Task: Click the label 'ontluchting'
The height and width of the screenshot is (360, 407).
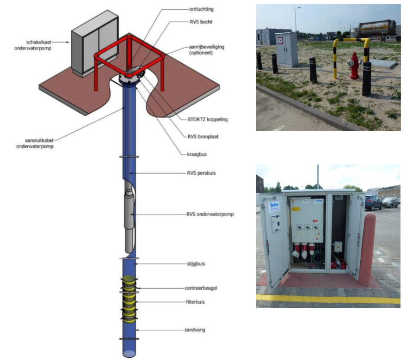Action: click(x=201, y=9)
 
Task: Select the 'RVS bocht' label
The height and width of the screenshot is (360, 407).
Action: click(x=201, y=22)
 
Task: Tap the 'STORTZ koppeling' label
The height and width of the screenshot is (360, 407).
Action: click(x=207, y=120)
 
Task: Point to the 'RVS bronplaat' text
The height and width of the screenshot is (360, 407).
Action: click(x=203, y=136)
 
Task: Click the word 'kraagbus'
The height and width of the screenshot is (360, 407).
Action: click(x=197, y=154)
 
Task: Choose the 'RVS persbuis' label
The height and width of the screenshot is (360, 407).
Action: click(x=201, y=173)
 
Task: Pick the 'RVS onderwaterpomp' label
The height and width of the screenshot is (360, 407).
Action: click(x=210, y=214)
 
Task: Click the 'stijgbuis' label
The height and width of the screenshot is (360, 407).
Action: click(x=196, y=264)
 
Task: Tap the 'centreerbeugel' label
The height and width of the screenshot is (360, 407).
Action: click(x=201, y=288)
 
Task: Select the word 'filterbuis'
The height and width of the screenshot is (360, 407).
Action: click(x=195, y=302)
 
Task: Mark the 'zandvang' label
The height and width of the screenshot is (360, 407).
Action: click(x=195, y=330)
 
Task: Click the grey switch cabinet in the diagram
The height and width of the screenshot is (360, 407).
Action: click(x=95, y=43)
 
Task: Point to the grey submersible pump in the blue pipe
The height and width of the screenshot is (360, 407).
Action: click(x=129, y=217)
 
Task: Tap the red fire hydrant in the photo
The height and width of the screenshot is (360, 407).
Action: click(x=355, y=66)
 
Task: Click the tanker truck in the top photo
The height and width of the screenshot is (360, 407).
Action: click(x=377, y=30)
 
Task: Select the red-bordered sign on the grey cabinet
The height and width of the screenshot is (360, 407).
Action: click(x=280, y=41)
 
